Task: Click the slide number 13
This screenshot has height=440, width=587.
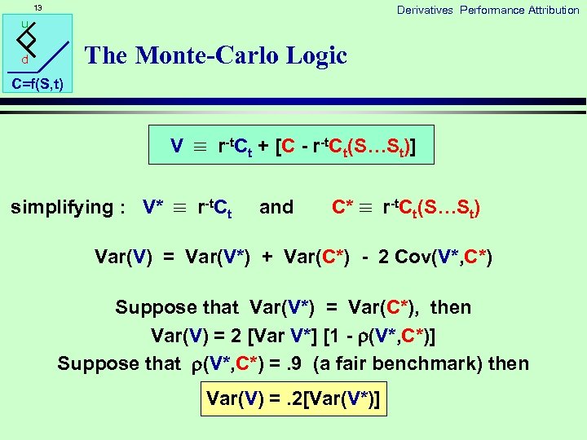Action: coord(38,8)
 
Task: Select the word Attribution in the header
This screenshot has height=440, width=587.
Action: coord(553,10)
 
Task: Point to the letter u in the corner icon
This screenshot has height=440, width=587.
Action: coord(25,24)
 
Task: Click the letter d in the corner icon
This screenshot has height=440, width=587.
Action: coord(25,60)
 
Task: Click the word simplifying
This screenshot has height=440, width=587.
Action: coord(60,207)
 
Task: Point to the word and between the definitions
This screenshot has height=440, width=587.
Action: coord(276,207)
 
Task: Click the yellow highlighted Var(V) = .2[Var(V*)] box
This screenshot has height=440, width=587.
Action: coord(293,398)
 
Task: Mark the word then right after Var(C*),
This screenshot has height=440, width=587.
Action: coord(451,307)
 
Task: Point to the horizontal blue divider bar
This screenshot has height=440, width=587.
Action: coord(326,102)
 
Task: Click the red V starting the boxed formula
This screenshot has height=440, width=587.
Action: coord(177,147)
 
